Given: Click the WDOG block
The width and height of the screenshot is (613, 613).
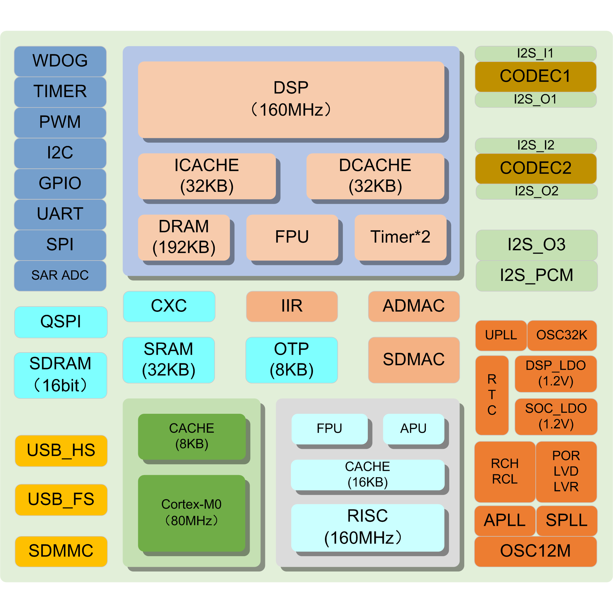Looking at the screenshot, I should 60,61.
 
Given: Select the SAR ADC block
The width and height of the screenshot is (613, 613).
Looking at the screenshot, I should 60,276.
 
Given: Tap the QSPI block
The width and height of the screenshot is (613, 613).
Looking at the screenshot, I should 61,322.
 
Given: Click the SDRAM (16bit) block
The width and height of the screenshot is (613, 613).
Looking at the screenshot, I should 60,375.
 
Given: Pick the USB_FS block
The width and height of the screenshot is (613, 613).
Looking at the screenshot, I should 61,500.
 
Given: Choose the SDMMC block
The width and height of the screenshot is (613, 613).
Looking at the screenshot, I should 61,551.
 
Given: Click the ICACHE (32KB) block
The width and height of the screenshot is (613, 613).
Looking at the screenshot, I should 207,176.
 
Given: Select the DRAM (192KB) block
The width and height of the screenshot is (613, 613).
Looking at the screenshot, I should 184,237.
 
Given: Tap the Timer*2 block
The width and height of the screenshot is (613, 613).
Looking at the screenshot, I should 400,237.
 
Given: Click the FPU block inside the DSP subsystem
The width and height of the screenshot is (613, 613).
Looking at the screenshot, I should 292,237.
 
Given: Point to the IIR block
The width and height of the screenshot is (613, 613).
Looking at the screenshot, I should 292,306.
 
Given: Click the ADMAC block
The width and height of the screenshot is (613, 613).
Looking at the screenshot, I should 414,306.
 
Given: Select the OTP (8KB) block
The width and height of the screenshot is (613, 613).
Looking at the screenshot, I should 291,360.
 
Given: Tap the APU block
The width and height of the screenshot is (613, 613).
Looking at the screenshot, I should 413,429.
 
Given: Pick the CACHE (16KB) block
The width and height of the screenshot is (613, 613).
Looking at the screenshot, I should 367,475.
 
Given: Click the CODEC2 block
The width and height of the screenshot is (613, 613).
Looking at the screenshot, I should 536,169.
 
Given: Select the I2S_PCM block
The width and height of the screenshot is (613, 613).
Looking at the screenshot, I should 536,276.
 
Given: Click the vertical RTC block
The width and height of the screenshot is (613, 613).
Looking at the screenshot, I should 492,395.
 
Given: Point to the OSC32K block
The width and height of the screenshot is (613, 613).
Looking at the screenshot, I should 562,335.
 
